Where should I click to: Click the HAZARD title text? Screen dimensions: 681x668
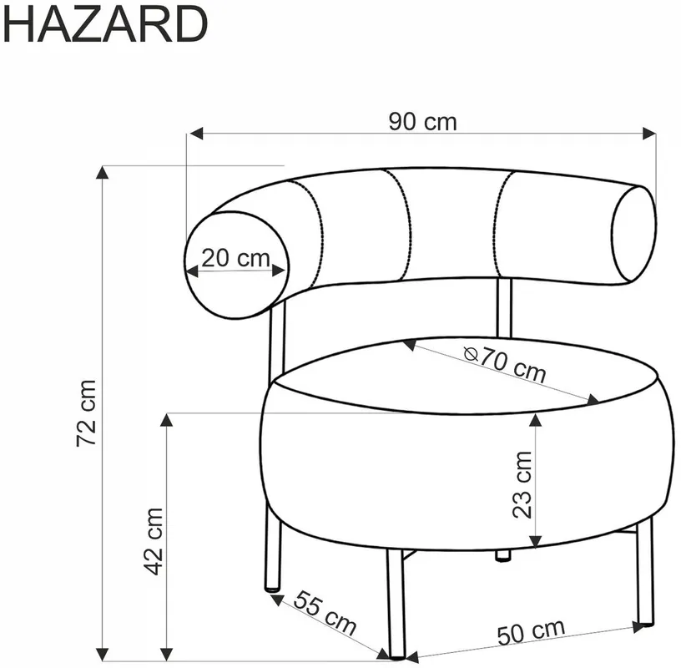[105, 25]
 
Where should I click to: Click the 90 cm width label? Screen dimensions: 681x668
[422, 122]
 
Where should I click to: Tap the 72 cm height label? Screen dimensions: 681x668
[86, 412]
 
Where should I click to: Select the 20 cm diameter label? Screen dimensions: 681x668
[235, 258]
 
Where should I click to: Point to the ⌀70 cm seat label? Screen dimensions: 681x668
[505, 364]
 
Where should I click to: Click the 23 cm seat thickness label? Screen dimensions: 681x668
[522, 484]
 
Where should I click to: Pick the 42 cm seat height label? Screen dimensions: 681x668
[153, 542]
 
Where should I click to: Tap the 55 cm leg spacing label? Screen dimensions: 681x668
[325, 613]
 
